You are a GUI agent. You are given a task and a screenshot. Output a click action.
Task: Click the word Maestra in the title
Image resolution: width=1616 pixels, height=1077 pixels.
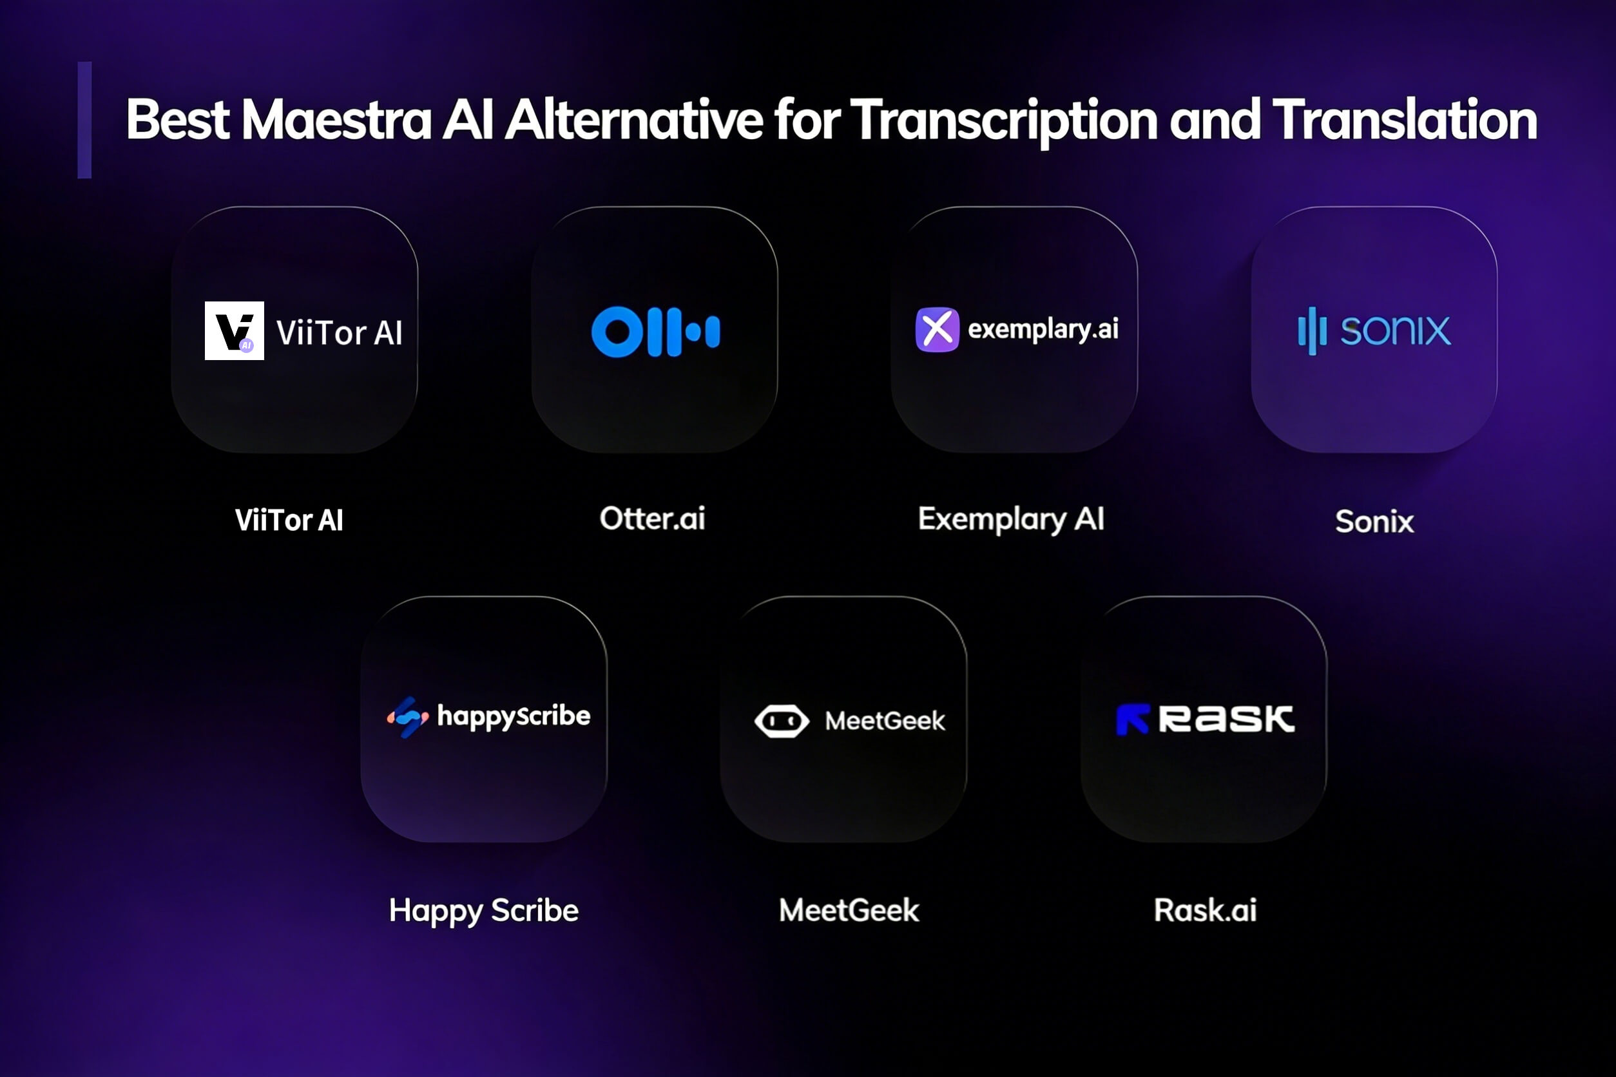pos(336,120)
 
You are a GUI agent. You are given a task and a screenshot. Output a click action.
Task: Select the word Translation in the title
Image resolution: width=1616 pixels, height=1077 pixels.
pos(1405,120)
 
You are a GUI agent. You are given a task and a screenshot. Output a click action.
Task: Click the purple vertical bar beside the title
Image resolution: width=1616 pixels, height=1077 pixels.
pos(84,120)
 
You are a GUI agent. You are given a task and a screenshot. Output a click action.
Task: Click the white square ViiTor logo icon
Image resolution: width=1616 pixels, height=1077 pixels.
pos(235,330)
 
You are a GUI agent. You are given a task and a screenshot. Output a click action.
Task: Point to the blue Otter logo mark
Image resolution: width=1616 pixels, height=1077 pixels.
pos(655,332)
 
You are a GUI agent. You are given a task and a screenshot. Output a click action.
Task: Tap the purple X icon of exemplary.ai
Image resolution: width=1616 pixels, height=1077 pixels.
pos(937,329)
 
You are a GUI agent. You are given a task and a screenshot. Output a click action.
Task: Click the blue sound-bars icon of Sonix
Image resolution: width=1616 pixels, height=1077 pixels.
pos(1312,330)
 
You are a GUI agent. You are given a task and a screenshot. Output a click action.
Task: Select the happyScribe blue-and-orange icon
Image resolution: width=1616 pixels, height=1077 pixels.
pos(408,717)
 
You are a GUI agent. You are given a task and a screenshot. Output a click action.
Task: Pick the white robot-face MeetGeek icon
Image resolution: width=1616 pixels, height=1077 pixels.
pos(782,721)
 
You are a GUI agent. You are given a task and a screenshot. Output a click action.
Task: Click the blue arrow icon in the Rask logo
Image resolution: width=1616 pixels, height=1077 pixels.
pos(1132,719)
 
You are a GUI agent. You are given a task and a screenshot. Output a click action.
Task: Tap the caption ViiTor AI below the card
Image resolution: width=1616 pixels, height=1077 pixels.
pos(289,520)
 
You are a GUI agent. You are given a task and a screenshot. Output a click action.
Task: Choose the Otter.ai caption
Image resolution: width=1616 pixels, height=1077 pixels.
pos(653,519)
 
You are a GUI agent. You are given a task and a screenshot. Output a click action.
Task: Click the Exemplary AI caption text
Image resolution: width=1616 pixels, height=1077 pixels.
pos(1012,520)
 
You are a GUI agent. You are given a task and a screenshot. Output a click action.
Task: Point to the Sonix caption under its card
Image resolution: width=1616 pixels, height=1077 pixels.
pos(1374,521)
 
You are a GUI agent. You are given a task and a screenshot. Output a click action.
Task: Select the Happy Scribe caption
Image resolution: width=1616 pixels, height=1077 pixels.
pos(484,911)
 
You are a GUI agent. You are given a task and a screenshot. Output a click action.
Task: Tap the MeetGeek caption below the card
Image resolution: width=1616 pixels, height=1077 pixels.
pos(849,910)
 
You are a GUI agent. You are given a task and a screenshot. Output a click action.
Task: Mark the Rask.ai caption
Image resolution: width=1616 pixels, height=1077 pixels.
pos(1205,910)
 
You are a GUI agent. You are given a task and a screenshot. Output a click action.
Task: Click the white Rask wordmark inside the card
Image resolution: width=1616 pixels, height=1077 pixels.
pos(1226,719)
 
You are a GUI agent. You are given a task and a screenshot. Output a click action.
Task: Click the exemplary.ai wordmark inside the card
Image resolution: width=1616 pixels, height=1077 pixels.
pos(1043,330)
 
